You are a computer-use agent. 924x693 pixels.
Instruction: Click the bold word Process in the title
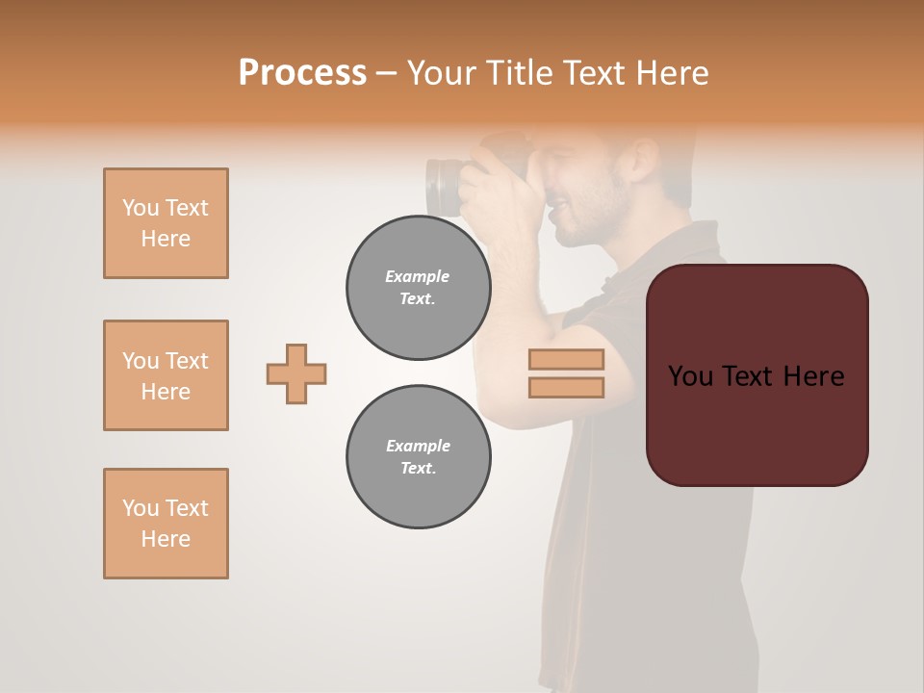point(302,72)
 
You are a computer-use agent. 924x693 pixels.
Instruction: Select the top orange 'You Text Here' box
point(166,223)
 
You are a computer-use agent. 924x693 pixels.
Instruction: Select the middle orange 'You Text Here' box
point(166,375)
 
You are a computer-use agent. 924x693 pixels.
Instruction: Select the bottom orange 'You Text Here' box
point(166,524)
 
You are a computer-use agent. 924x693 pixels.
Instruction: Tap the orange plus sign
point(296,373)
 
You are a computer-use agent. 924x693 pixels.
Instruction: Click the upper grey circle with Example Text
point(418,287)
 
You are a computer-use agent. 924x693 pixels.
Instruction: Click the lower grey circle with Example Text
point(418,457)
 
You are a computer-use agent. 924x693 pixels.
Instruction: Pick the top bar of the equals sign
point(566,359)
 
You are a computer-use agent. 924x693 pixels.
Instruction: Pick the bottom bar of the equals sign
point(566,387)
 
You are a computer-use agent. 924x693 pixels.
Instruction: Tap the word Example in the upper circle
point(418,276)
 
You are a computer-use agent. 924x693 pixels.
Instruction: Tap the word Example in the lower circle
point(418,446)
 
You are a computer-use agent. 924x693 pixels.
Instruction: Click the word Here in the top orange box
point(166,239)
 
